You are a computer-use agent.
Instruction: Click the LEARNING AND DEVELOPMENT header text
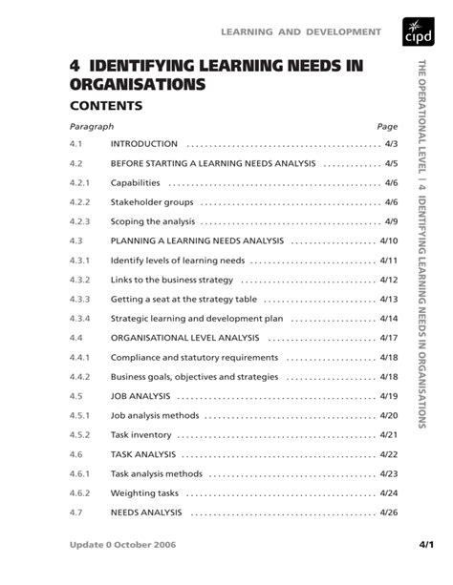point(302,32)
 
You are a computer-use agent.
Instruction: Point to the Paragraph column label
point(92,125)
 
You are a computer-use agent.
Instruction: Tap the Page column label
point(386,125)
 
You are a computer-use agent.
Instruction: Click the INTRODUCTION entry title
point(144,143)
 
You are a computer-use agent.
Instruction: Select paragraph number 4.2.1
point(78,182)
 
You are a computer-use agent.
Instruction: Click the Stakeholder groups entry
point(152,202)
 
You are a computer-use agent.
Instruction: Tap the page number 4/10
point(388,241)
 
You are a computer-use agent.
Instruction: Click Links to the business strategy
point(172,280)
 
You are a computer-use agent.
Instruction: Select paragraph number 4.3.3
point(78,300)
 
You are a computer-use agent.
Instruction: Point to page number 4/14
point(388,319)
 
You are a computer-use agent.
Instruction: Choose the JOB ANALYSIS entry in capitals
point(140,396)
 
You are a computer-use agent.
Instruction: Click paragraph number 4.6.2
point(78,493)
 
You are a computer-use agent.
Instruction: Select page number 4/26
point(388,512)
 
